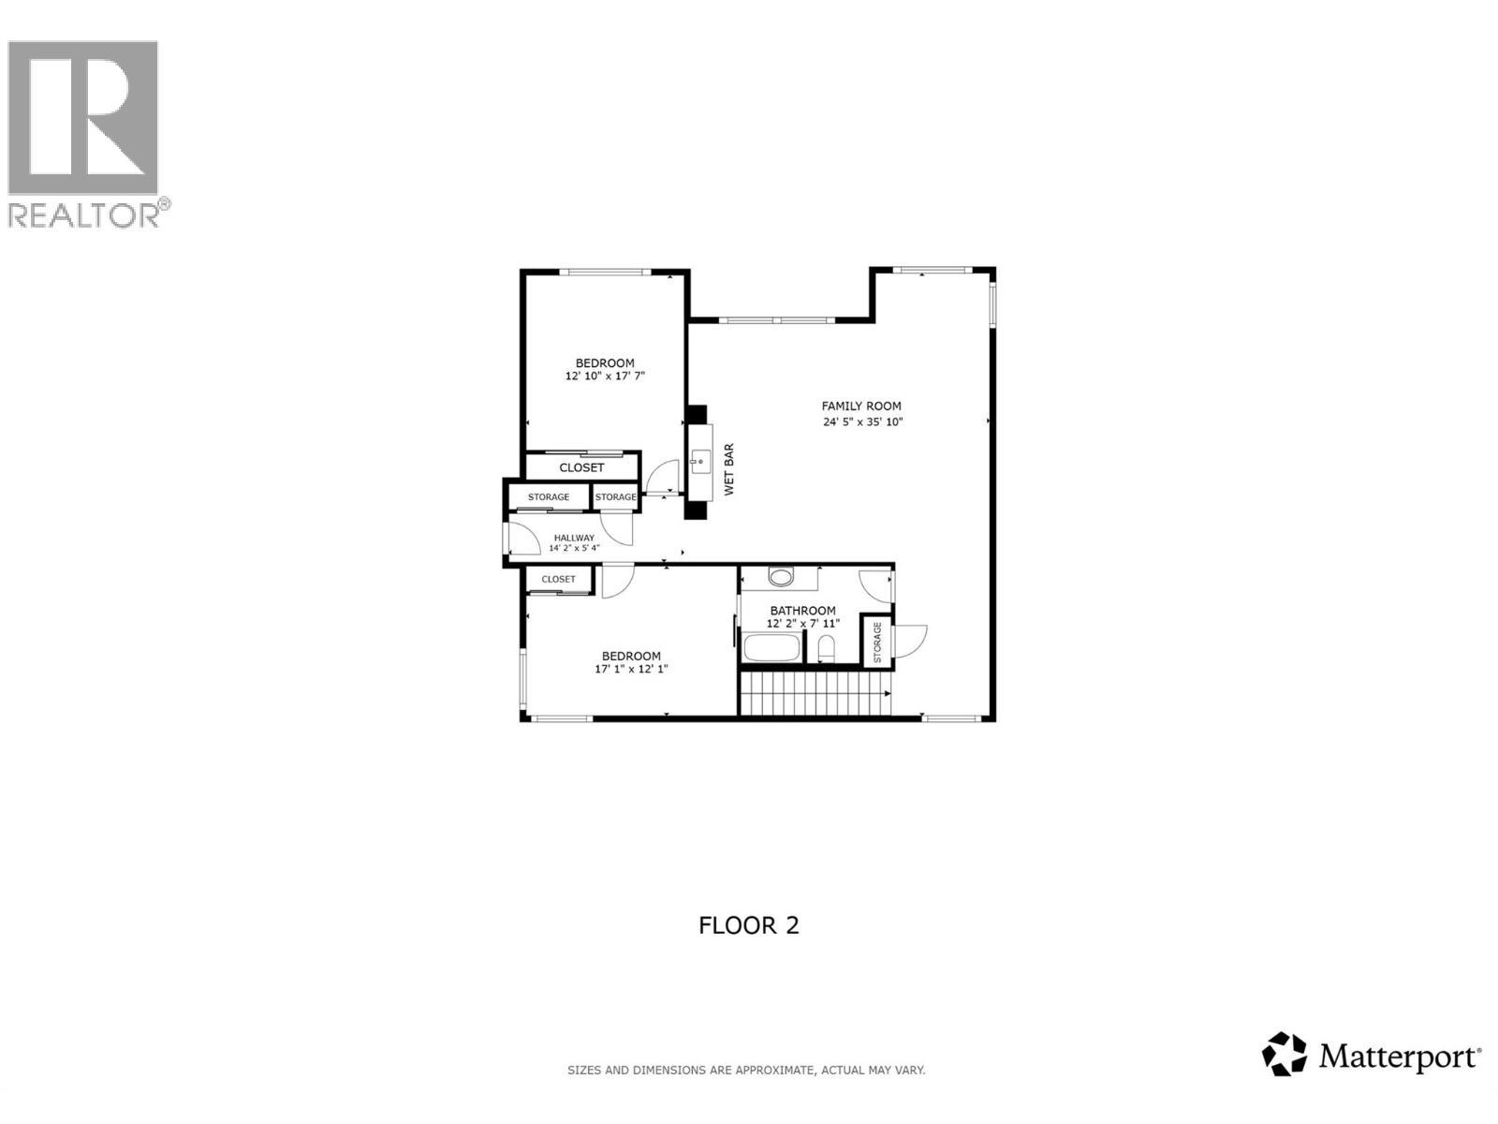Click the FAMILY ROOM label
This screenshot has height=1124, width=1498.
pyautogui.click(x=861, y=406)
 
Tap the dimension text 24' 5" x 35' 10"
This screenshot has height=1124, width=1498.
pyautogui.click(x=862, y=421)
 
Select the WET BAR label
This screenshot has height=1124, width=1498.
pyautogui.click(x=729, y=469)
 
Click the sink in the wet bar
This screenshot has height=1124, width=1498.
pyautogui.click(x=699, y=461)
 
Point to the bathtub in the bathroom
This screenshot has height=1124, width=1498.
pyautogui.click(x=772, y=647)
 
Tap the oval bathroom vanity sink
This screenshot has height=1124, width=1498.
pyautogui.click(x=781, y=576)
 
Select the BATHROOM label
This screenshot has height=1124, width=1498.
pyautogui.click(x=802, y=611)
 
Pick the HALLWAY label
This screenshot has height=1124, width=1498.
pyautogui.click(x=574, y=538)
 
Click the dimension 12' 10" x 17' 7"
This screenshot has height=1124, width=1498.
pyautogui.click(x=605, y=376)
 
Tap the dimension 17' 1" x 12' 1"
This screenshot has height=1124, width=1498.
pyautogui.click(x=631, y=669)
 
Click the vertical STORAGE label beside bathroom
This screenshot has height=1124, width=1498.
pyautogui.click(x=877, y=643)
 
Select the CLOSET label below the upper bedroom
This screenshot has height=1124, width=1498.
pyautogui.click(x=581, y=467)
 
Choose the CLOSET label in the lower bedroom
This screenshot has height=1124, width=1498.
pyautogui.click(x=558, y=579)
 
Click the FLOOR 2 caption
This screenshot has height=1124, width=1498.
pyautogui.click(x=748, y=925)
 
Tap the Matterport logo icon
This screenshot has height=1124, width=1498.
pyautogui.click(x=1284, y=1054)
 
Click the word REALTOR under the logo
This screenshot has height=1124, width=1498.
pyautogui.click(x=84, y=214)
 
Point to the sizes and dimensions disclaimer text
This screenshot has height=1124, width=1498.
pyautogui.click(x=746, y=1070)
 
